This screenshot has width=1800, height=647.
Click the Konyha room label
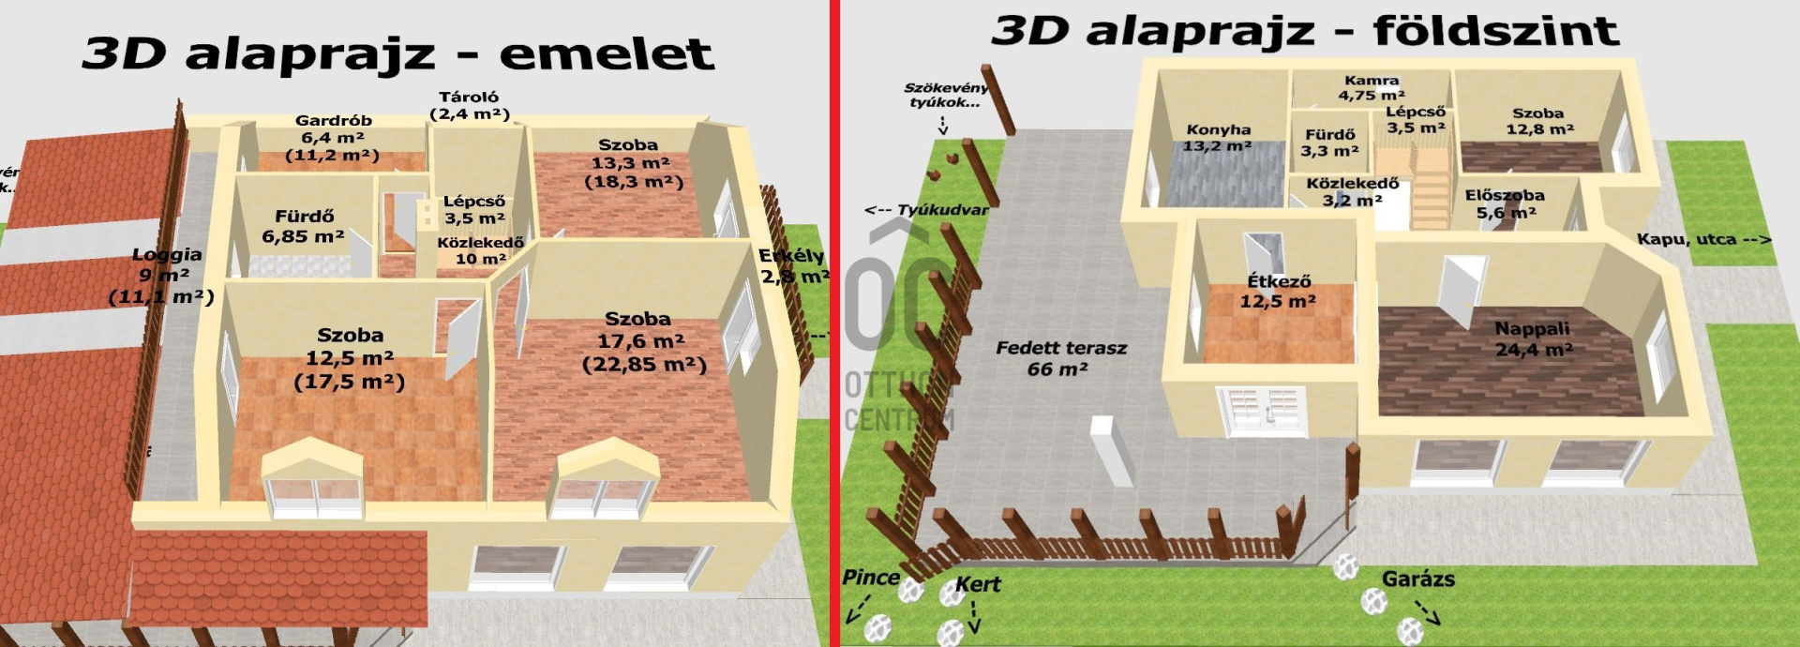click(x=1218, y=138)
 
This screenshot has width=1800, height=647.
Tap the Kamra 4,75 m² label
click(x=1371, y=88)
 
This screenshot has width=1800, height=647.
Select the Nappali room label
click(x=1532, y=339)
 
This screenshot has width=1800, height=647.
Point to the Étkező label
click(x=1278, y=291)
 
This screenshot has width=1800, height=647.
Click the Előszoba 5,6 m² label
click(x=1504, y=203)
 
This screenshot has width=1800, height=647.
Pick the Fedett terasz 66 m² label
click(x=1060, y=358)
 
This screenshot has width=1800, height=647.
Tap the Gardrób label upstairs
click(x=334, y=137)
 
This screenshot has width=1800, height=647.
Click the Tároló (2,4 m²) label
click(x=469, y=105)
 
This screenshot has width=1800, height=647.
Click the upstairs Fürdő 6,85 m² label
click(x=303, y=226)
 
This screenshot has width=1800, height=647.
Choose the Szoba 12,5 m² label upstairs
click(x=350, y=357)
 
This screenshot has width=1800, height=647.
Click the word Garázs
click(x=1417, y=579)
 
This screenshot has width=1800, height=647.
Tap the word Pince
click(x=871, y=578)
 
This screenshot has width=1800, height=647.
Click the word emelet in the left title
click(x=607, y=53)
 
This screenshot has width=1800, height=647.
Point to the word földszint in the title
click(x=1495, y=31)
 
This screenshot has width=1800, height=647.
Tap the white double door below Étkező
click(x=1261, y=410)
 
